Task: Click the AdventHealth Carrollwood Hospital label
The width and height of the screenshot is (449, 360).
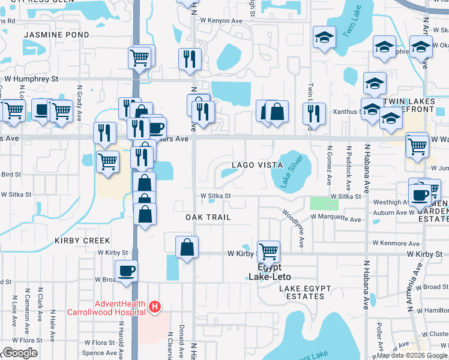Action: pos(120,307)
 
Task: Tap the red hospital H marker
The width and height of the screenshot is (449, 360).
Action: pos(155,307)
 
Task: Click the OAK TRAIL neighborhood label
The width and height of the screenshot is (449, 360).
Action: pos(208,217)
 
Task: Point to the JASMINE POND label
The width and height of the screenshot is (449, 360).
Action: pos(56,35)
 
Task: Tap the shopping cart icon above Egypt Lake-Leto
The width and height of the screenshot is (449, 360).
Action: pos(268,251)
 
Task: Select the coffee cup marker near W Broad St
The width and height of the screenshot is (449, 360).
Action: pos(126,271)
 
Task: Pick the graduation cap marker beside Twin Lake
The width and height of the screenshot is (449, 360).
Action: pos(324,38)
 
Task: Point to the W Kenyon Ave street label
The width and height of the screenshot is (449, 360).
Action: pos(221,20)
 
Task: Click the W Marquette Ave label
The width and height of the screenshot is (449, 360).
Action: pos(331,220)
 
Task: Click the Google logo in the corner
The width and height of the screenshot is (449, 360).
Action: pos(19,353)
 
